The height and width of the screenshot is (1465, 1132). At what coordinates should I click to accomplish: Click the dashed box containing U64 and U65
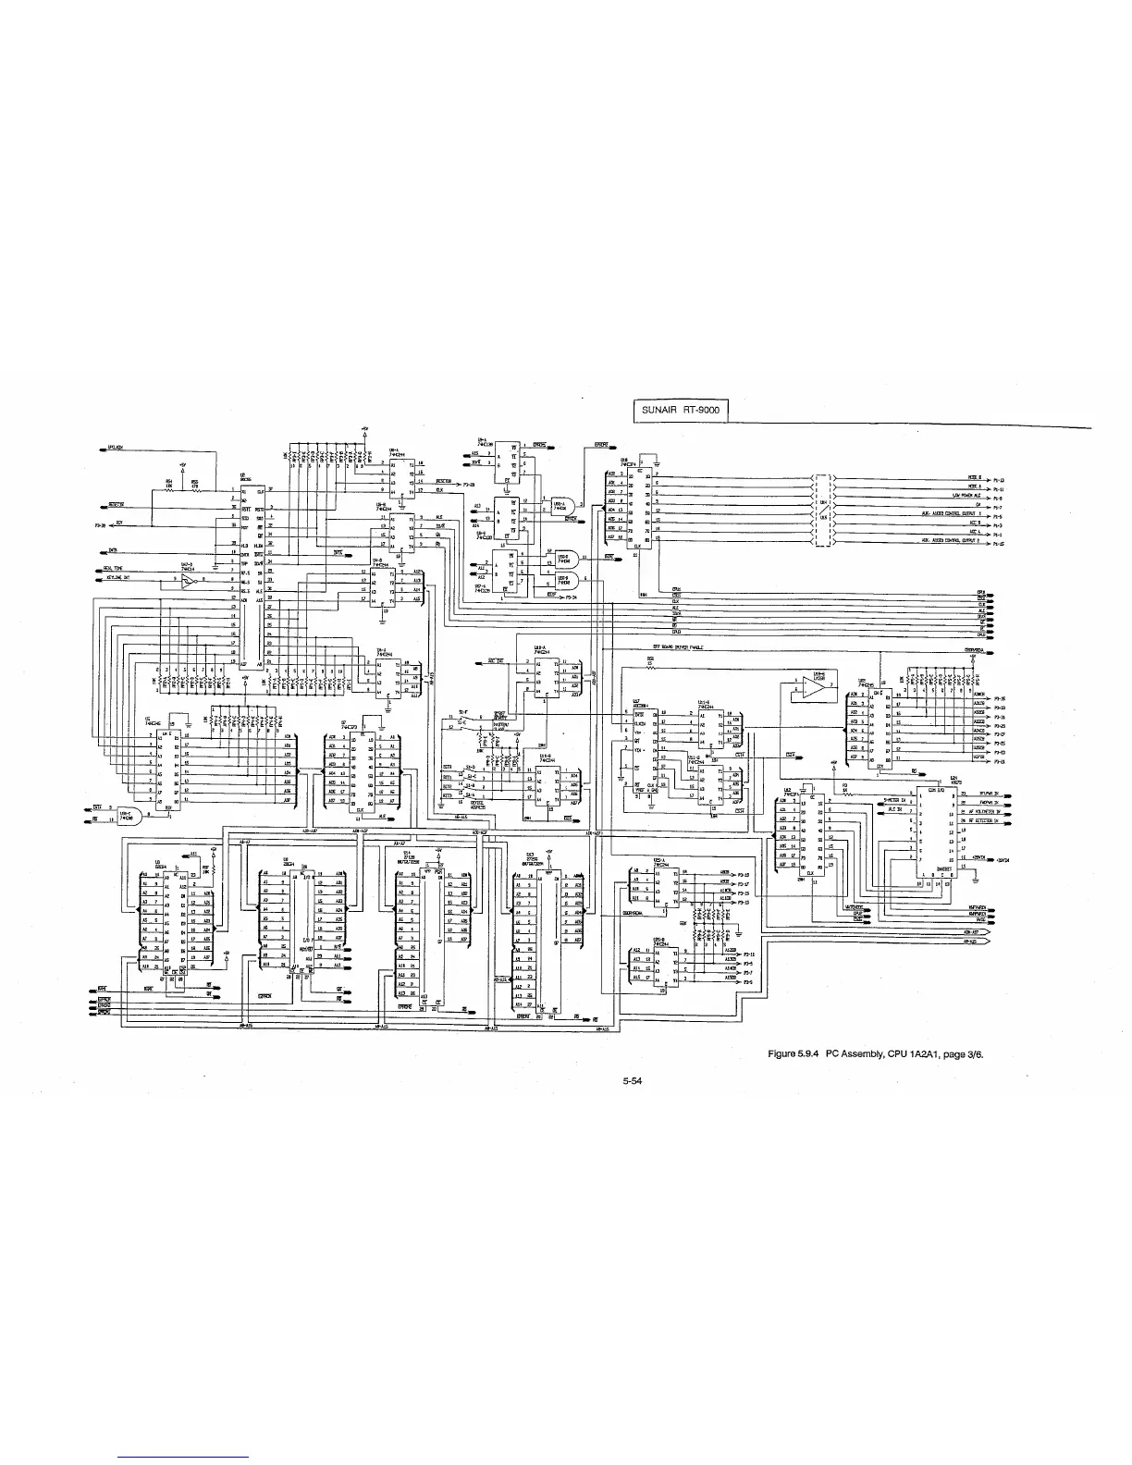tap(824, 511)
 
